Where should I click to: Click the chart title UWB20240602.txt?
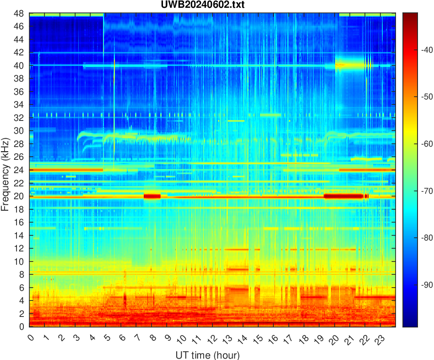click(212, 5)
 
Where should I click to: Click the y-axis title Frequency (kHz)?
click(5, 174)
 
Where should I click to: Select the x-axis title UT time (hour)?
click(207, 355)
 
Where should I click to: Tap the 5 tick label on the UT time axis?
click(106, 339)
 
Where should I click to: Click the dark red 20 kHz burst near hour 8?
click(152, 196)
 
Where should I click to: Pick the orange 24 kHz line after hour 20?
click(366, 170)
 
